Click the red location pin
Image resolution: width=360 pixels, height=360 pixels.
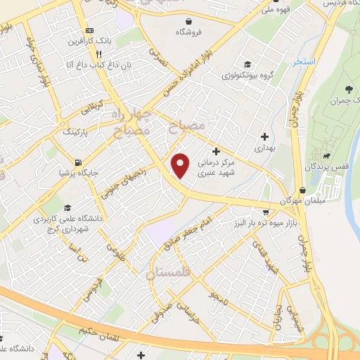click(181, 165)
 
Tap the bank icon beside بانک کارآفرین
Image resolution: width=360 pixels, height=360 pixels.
click(89, 31)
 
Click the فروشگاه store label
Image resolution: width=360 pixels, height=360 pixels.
click(195, 32)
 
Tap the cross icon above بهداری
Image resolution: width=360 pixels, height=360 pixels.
click(264, 136)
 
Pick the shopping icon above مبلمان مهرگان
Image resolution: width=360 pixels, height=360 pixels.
click(302, 190)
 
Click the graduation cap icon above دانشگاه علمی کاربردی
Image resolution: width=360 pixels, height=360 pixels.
click(67, 207)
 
